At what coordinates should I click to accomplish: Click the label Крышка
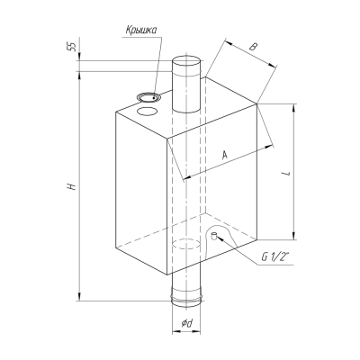[x=141, y=31]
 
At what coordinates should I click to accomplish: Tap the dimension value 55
[x=72, y=47]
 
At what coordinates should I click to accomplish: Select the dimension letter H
[x=71, y=186]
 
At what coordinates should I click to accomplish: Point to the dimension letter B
[x=254, y=47]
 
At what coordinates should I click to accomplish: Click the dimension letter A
[x=225, y=155]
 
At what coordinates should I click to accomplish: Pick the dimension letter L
[x=287, y=173]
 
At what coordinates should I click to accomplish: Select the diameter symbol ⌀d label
[x=186, y=323]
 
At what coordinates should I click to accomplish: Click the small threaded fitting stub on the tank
[x=214, y=236]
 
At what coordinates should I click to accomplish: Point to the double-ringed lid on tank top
[x=148, y=97]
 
